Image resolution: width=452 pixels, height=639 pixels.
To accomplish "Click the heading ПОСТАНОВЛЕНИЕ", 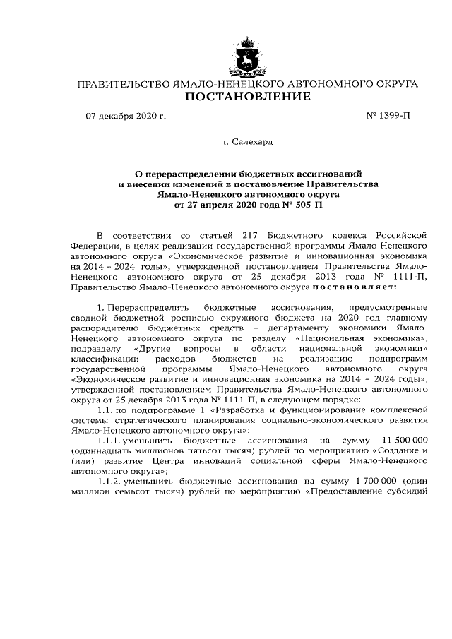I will tap(247, 97).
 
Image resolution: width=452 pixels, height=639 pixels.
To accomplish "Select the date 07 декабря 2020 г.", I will tap(126, 117).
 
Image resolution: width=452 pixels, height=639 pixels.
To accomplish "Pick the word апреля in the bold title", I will tap(224, 205).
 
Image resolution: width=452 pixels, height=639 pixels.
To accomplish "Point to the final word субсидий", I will tap(406, 491).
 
